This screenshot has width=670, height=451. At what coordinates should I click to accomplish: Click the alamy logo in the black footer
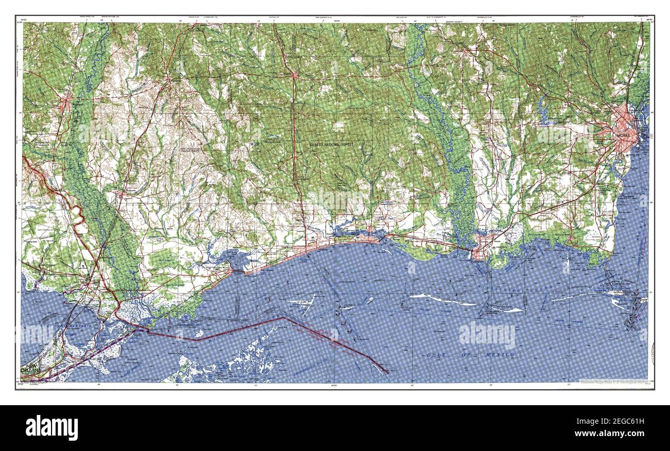[52, 427]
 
